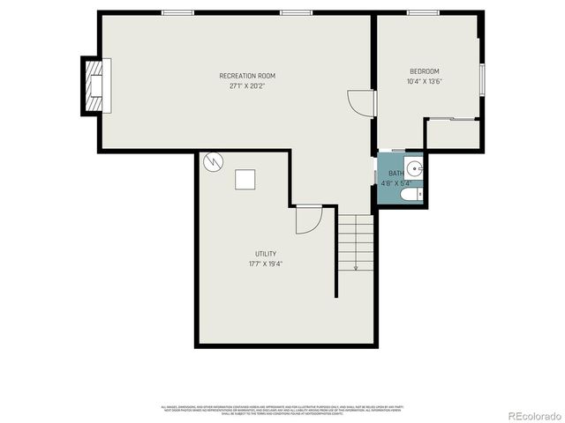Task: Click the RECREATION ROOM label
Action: coord(248,76)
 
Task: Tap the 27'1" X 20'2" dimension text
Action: coord(248,86)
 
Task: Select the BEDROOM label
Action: coord(424,71)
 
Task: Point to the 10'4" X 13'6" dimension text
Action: coord(424,82)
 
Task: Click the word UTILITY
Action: coord(266,254)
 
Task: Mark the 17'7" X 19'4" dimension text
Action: coord(266,263)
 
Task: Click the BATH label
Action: coord(396,174)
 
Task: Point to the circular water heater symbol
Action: coord(213,161)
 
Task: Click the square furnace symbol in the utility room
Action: coord(245,179)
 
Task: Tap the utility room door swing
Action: coord(306,219)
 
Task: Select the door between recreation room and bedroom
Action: coord(363,103)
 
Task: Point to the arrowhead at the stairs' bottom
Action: coord(356,268)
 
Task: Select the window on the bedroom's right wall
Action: coord(482,78)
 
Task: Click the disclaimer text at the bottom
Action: coord(282,410)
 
